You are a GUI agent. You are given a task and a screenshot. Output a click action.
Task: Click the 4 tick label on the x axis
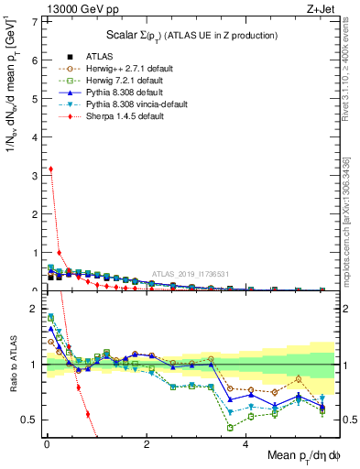(x=245, y=444)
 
